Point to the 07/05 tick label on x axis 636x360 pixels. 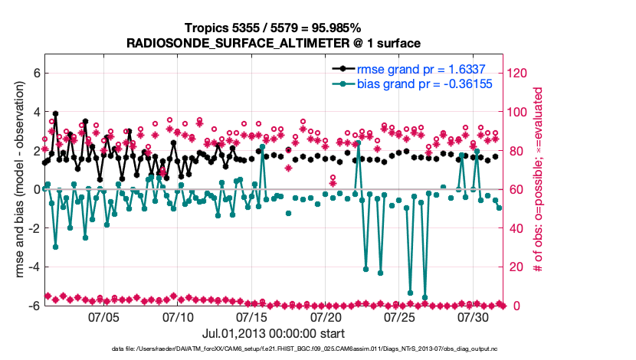pyautogui.click(x=104, y=316)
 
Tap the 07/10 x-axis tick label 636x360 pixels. pyautogui.click(x=178, y=316)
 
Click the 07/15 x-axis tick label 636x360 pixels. pyautogui.click(x=252, y=316)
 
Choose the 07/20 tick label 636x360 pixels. pyautogui.click(x=326, y=316)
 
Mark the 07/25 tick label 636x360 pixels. pyautogui.click(x=399, y=316)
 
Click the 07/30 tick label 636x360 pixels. pyautogui.click(x=473, y=316)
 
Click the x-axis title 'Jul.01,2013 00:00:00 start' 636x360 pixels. pyautogui.click(x=274, y=333)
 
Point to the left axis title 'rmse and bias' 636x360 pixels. pyautogui.click(x=21, y=180)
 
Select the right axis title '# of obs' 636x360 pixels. pyautogui.click(x=539, y=180)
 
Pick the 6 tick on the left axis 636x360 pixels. pyautogui.click(x=34, y=73)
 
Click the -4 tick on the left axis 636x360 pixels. pyautogui.click(x=32, y=267)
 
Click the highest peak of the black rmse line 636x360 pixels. pyautogui.click(x=55, y=113)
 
